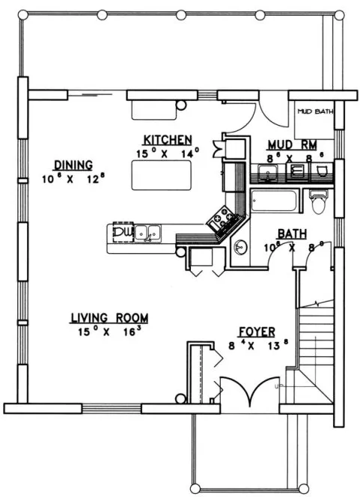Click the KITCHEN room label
[x=168, y=140]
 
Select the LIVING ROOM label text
[x=109, y=317]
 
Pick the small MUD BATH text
[x=314, y=112]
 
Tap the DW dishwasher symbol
[x=122, y=233]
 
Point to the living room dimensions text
[x=109, y=331]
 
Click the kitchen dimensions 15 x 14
[x=168, y=153]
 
